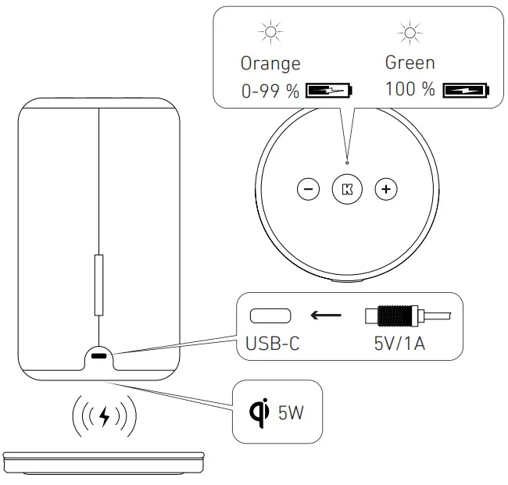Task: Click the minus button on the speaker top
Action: [x=309, y=188]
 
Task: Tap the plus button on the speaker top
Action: [x=385, y=188]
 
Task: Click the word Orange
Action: [x=270, y=63]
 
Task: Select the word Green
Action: [x=410, y=62]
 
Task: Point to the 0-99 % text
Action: [x=270, y=91]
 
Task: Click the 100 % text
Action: [x=410, y=89]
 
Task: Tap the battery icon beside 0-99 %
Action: [x=330, y=91]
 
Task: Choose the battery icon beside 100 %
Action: [x=466, y=90]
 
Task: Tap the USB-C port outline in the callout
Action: [x=270, y=316]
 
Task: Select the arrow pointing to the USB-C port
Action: [x=327, y=316]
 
